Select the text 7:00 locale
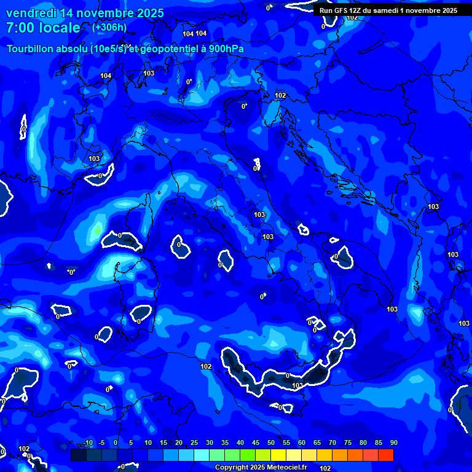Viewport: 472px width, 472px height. [x=43, y=28]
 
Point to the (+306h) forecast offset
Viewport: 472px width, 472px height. [x=109, y=28]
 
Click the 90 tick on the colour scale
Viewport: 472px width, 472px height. [x=393, y=443]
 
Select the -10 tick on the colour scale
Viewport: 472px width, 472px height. [x=88, y=443]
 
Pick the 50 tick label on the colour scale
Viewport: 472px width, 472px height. [x=271, y=443]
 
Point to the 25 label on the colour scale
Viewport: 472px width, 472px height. [x=194, y=443]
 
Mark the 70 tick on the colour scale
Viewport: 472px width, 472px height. [x=332, y=443]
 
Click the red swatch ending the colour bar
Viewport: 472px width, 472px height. [x=386, y=455]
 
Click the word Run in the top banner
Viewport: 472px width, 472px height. [x=326, y=10]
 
